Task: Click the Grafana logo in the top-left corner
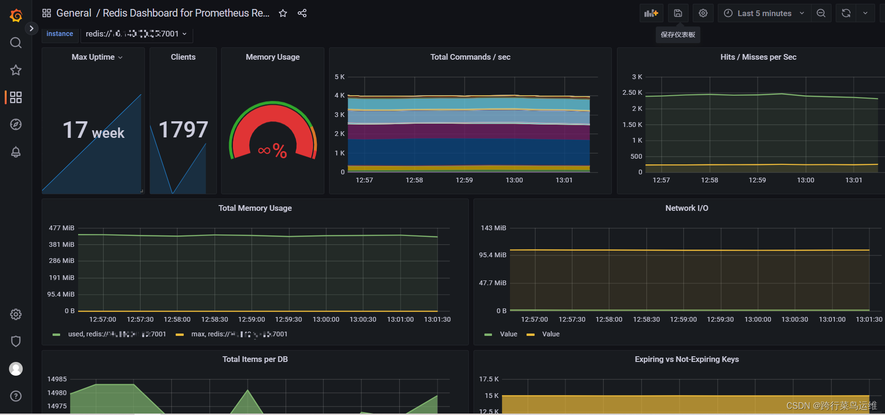16,16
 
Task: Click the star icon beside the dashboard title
283,13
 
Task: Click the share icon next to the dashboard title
302,13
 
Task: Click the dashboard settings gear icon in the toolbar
703,13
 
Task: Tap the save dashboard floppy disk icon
678,13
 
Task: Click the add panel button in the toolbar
651,13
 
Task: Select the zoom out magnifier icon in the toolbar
821,13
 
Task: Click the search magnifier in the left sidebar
16,43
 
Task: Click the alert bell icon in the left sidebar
16,152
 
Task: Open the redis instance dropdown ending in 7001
136,34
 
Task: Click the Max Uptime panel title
93,57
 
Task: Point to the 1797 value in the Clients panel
183,129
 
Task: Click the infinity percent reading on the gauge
272,151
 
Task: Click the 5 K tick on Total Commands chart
340,77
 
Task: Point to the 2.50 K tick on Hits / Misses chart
632,92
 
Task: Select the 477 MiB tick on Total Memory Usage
62,228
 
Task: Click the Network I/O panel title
687,208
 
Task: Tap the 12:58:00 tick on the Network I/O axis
609,319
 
